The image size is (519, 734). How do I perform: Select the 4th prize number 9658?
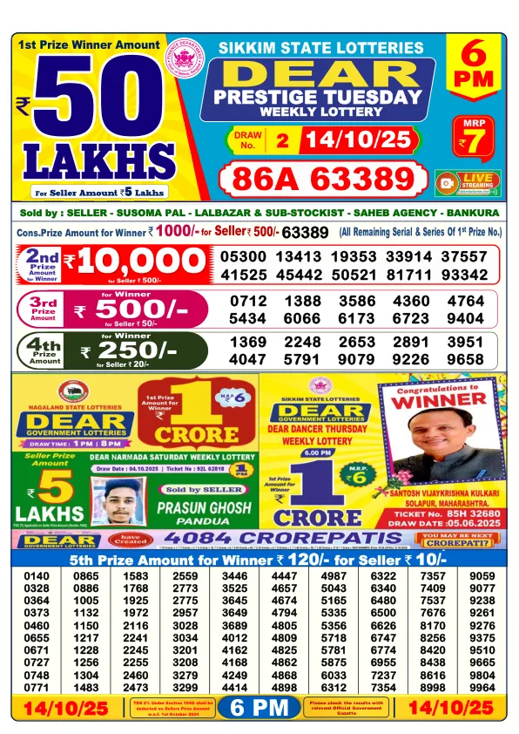tap(464, 359)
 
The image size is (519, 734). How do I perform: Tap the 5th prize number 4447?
tap(284, 576)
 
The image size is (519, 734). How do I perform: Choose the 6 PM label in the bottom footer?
tap(259, 708)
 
